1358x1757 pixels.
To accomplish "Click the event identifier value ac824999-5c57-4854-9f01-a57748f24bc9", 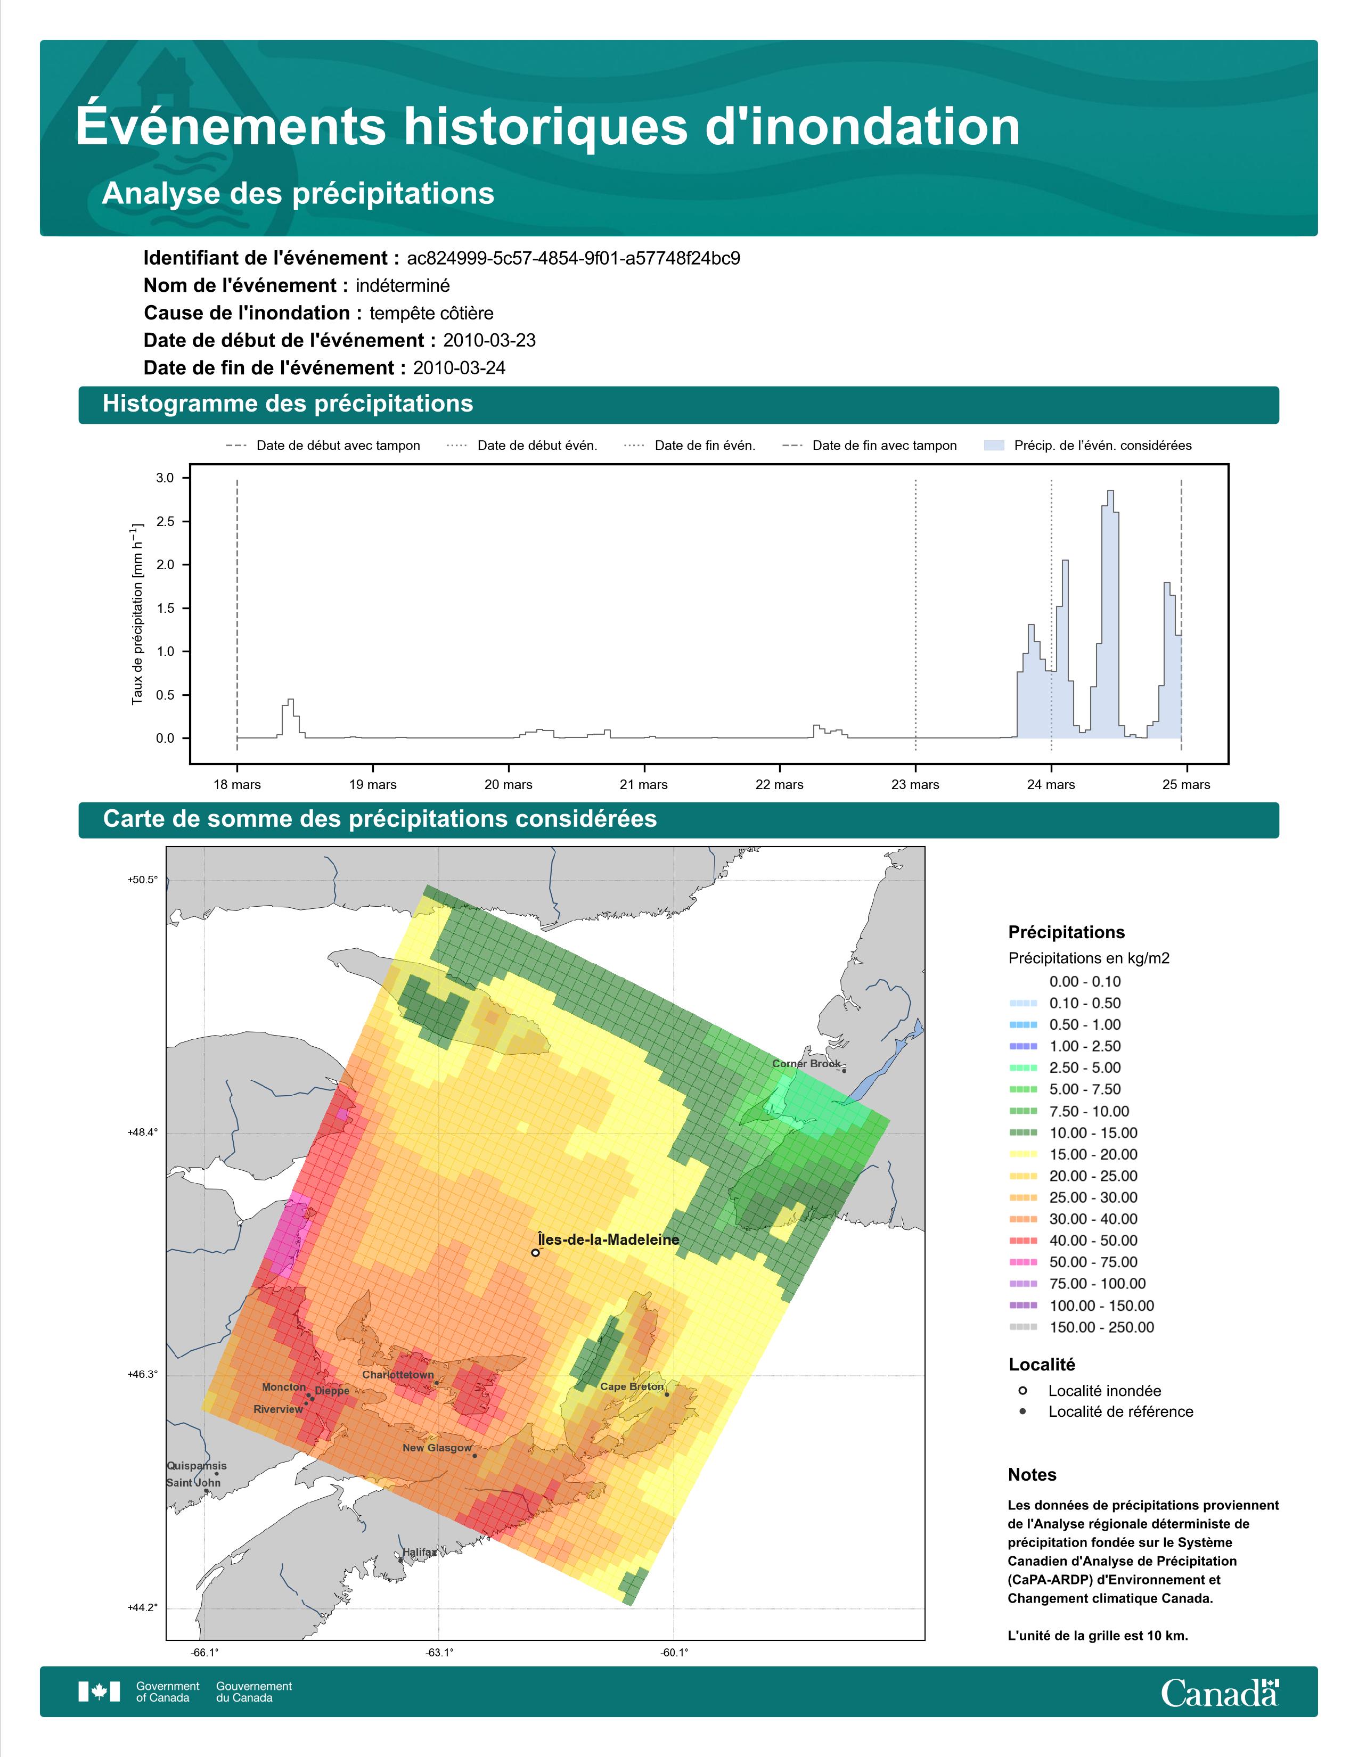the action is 573,258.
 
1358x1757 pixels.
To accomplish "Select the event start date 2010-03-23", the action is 489,340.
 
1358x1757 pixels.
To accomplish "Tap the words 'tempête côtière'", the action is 431,313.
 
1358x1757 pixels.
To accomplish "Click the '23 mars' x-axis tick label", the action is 915,784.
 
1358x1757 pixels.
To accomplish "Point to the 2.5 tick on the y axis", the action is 165,521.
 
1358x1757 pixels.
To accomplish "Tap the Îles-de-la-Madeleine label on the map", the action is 608,1239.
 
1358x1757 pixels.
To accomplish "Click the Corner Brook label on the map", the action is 806,1064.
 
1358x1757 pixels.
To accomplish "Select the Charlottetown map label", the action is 397,1375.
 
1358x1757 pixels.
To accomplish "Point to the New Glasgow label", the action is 437,1448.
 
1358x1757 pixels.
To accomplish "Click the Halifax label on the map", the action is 419,1552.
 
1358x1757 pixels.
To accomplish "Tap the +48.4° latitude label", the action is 142,1132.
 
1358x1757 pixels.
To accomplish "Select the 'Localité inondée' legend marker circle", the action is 1022,1391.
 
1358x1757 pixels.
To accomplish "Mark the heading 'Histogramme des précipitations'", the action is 288,404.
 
